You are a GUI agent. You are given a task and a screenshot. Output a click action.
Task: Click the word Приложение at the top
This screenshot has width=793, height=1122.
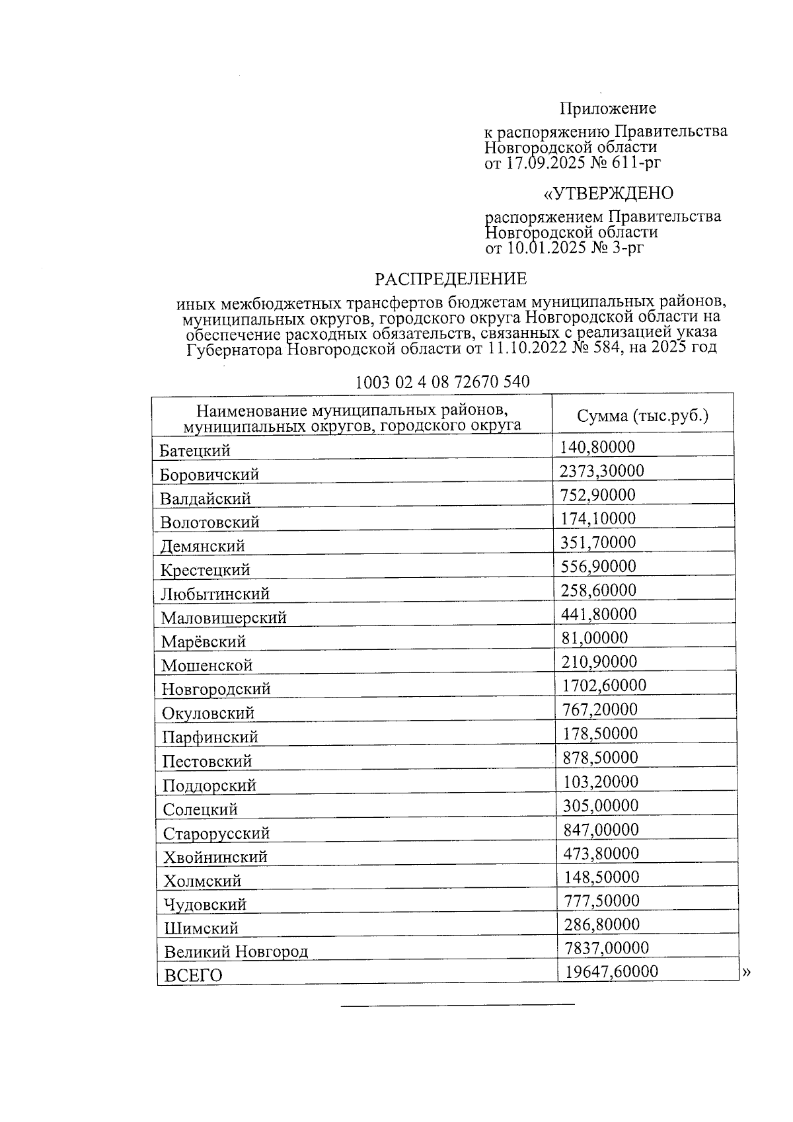608,108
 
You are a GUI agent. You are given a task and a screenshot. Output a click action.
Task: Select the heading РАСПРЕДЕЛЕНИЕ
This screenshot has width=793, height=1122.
451,279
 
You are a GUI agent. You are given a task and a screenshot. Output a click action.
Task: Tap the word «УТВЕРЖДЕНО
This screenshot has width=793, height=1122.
608,194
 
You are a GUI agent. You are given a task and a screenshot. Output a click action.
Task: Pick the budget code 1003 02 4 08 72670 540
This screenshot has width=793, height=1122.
442,382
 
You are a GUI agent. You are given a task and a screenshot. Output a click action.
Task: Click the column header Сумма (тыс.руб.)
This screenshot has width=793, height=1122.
642,416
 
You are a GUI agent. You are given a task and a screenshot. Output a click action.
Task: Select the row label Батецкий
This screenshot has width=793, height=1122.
195,452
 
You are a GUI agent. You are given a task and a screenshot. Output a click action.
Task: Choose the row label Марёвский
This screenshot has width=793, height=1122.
204,642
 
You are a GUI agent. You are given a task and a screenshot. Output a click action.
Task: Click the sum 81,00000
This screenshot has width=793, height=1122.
595,638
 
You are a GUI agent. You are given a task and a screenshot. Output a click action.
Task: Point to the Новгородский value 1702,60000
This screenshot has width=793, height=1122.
604,686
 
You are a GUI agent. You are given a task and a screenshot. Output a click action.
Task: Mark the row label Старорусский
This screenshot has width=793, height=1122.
217,834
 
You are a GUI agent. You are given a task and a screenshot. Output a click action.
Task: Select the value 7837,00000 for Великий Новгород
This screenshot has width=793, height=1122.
607,948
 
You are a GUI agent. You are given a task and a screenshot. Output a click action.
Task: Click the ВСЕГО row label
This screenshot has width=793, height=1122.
193,976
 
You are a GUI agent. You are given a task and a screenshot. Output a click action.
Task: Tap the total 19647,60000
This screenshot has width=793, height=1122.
611,971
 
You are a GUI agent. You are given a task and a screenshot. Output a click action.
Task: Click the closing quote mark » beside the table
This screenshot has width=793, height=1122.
747,972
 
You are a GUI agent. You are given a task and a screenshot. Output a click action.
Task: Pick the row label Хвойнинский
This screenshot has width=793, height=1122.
215,858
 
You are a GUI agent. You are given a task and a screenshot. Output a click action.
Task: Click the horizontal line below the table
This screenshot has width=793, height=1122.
457,1006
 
